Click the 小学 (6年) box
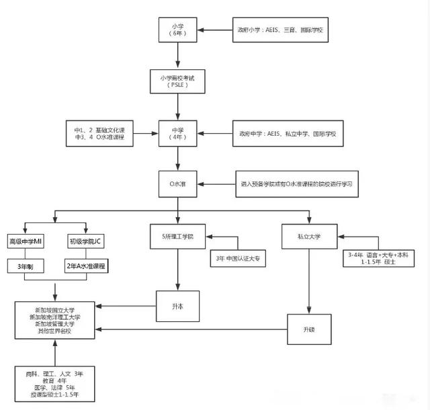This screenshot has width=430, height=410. (x=177, y=30)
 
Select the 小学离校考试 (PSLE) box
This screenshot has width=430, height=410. (x=177, y=82)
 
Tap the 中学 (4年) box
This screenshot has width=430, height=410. (x=177, y=132)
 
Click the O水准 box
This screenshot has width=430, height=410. (x=177, y=183)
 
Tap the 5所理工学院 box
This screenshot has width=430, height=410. (x=177, y=236)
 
